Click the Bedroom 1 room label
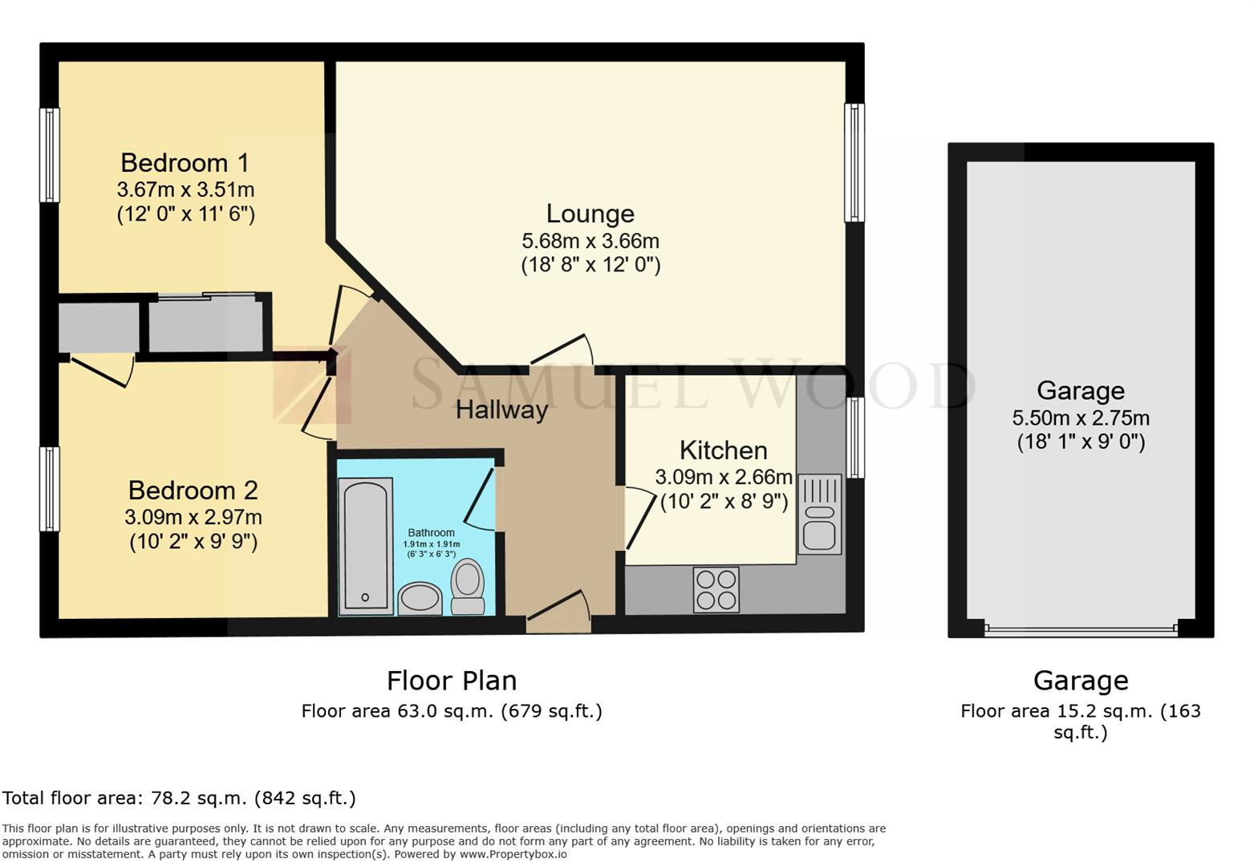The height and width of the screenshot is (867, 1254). coord(185,163)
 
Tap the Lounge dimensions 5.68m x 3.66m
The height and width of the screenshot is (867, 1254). coord(590,241)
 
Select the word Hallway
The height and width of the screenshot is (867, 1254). coord(501,410)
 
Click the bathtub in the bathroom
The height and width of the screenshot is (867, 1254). coord(365,546)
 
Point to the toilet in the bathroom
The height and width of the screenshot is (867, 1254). coord(468,588)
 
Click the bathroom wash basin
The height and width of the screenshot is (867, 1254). coord(420,598)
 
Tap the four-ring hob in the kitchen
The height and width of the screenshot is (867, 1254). coord(716,590)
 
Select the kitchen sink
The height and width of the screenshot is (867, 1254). coord(819,515)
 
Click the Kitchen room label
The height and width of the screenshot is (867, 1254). coord(723,450)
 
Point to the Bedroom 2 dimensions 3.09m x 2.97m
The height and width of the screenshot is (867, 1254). coord(193,517)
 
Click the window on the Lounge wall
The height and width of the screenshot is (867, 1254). coord(854,163)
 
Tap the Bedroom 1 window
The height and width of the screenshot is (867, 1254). coord(50,155)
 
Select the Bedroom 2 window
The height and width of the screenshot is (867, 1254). coord(50,489)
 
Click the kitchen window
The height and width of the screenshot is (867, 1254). coord(855,438)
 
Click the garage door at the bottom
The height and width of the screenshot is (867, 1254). coord(1081,629)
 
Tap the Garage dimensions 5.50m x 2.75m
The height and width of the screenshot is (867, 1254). coord(1080,418)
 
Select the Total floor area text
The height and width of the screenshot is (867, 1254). coord(179,798)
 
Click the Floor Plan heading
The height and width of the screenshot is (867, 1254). coord(452,681)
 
